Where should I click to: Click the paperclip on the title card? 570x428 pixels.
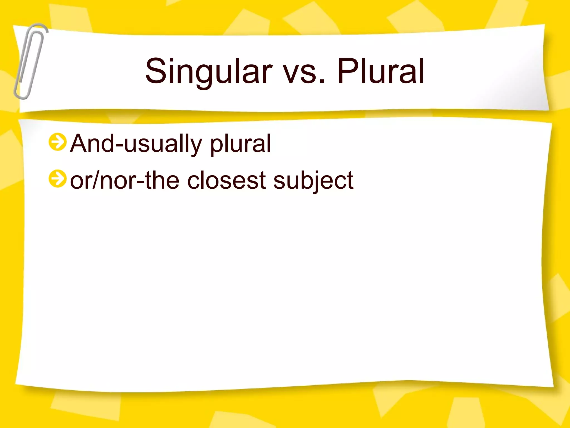tap(30, 61)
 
